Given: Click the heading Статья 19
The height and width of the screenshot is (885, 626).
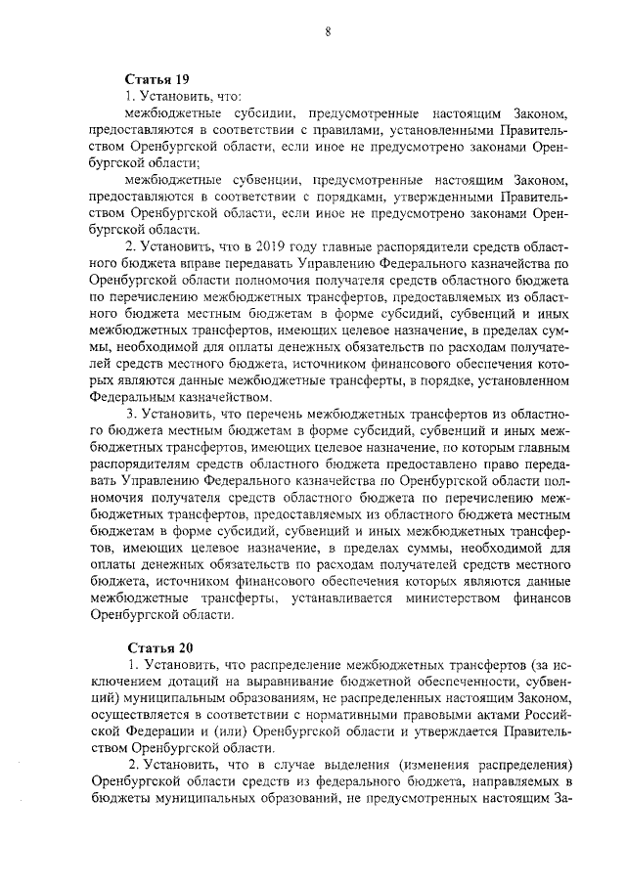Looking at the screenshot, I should [x=155, y=78].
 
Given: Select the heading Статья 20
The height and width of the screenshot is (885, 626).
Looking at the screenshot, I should [x=155, y=648].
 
